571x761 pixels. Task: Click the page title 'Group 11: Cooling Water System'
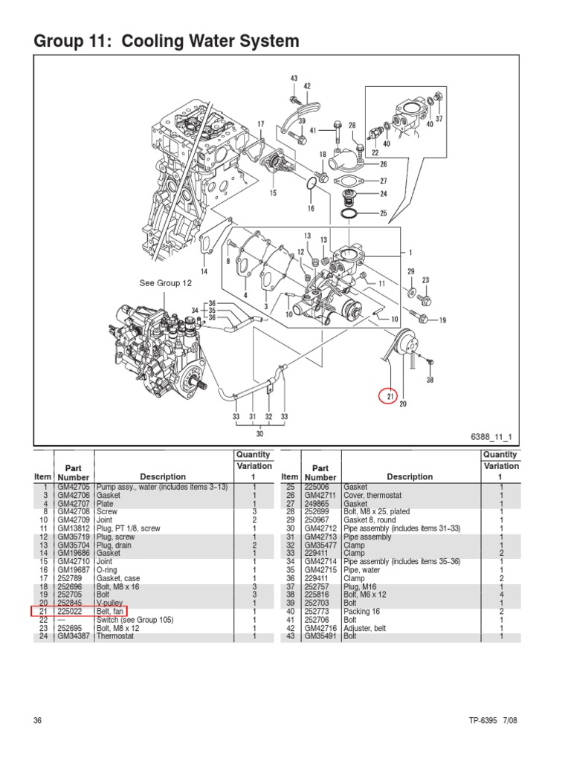click(167, 42)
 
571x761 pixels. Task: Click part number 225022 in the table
click(72, 611)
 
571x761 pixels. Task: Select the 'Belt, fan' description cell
click(111, 611)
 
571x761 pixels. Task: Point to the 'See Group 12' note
click(166, 283)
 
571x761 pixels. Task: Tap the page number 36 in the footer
click(38, 720)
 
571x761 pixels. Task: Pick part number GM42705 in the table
click(73, 487)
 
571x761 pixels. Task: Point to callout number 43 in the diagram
click(294, 78)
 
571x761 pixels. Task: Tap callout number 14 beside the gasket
click(203, 271)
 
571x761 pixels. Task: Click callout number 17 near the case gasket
click(260, 124)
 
